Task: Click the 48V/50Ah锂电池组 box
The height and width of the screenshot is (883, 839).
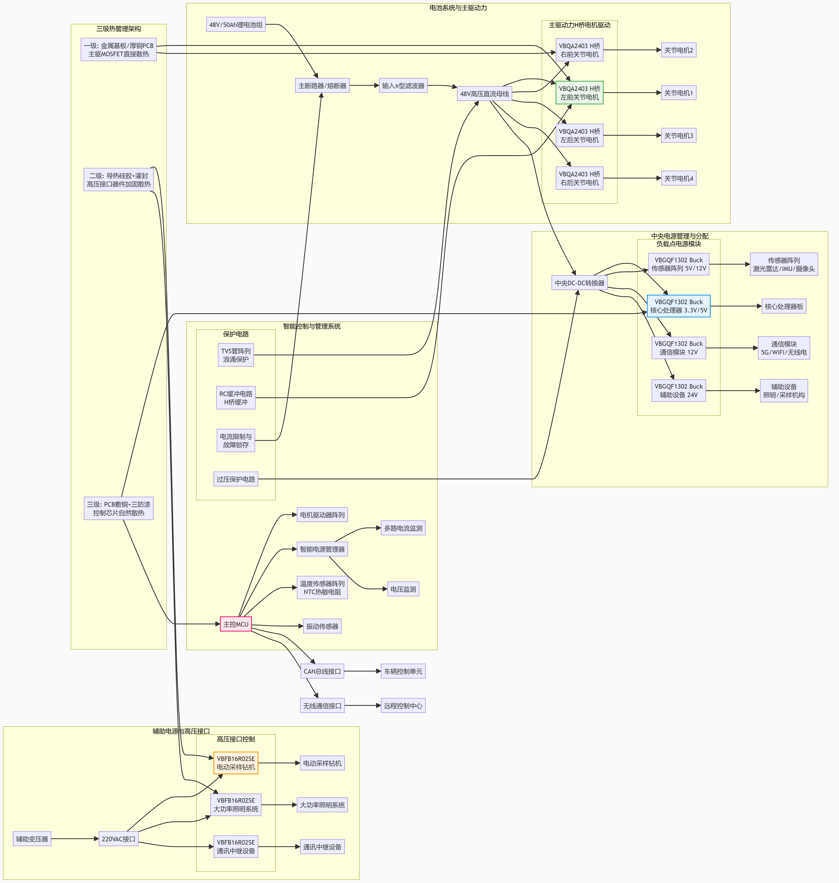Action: tap(236, 25)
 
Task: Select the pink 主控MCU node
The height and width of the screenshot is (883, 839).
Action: tap(236, 624)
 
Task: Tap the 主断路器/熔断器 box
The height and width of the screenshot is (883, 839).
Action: tap(322, 85)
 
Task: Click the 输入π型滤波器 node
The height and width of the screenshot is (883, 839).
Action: tap(403, 85)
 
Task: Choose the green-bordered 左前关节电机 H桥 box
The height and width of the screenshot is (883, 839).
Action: tap(580, 93)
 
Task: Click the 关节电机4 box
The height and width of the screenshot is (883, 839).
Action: tap(678, 178)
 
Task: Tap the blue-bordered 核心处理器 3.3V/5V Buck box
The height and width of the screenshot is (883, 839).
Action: tap(678, 306)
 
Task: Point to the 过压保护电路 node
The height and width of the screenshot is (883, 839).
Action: tap(236, 479)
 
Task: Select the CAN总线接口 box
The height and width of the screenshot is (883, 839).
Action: tap(322, 671)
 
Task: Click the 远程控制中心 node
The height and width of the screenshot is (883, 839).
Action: tap(403, 705)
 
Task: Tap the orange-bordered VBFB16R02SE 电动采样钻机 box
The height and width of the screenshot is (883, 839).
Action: tap(236, 763)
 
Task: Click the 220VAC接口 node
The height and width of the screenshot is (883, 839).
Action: tap(118, 839)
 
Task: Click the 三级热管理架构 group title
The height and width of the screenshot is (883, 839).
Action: tap(118, 29)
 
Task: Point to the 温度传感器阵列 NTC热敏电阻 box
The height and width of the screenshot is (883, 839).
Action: tap(322, 587)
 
